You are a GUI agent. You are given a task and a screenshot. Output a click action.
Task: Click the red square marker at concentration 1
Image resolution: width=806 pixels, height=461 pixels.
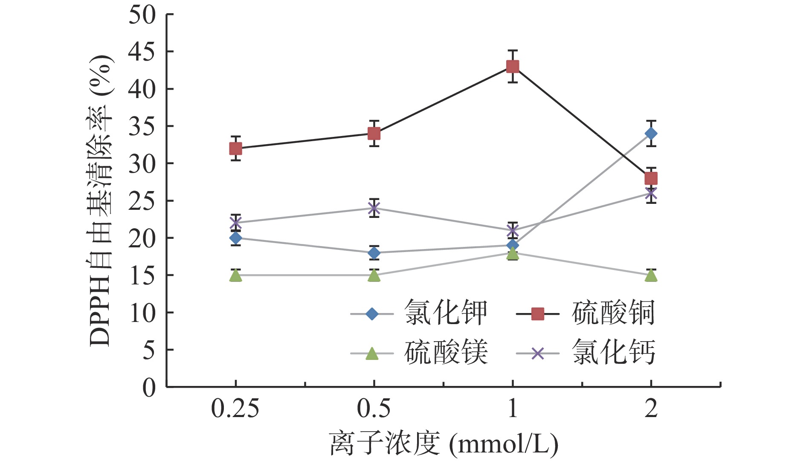[x=512, y=66]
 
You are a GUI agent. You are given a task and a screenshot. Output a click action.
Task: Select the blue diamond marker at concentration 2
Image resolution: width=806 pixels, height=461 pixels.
[x=651, y=134]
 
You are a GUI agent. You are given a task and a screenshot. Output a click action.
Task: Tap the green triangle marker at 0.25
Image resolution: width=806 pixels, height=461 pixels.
[x=235, y=276]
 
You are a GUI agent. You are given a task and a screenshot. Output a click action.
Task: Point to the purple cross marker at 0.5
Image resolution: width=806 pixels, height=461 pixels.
[x=374, y=209]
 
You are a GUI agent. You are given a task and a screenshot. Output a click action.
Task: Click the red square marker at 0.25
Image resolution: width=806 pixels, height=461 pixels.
[x=235, y=148]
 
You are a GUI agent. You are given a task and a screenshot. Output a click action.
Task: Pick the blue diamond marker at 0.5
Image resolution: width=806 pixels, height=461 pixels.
[x=374, y=253]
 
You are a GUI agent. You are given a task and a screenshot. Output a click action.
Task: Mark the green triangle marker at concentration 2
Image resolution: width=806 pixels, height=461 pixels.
[x=651, y=276]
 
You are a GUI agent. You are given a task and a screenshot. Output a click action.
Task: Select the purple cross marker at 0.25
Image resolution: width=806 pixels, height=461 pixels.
[x=235, y=223]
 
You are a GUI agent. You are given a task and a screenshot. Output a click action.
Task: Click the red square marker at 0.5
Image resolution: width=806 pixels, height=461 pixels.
[x=374, y=134]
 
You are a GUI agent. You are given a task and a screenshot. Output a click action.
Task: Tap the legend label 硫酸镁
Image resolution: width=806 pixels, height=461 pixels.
[x=446, y=353]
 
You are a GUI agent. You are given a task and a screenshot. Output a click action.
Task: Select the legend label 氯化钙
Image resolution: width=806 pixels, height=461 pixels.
[x=613, y=353]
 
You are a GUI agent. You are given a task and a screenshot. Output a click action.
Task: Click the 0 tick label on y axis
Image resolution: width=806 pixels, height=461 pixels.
[x=149, y=388]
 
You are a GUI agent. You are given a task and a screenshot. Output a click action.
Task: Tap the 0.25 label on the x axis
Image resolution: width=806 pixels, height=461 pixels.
[x=235, y=409]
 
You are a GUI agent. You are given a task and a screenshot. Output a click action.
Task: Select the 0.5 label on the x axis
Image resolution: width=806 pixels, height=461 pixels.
[x=374, y=409]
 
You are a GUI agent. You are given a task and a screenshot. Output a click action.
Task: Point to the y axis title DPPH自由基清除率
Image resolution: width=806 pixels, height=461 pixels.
[x=101, y=200]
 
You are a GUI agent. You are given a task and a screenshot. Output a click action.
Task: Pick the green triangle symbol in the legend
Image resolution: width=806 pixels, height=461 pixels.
[x=372, y=354]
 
